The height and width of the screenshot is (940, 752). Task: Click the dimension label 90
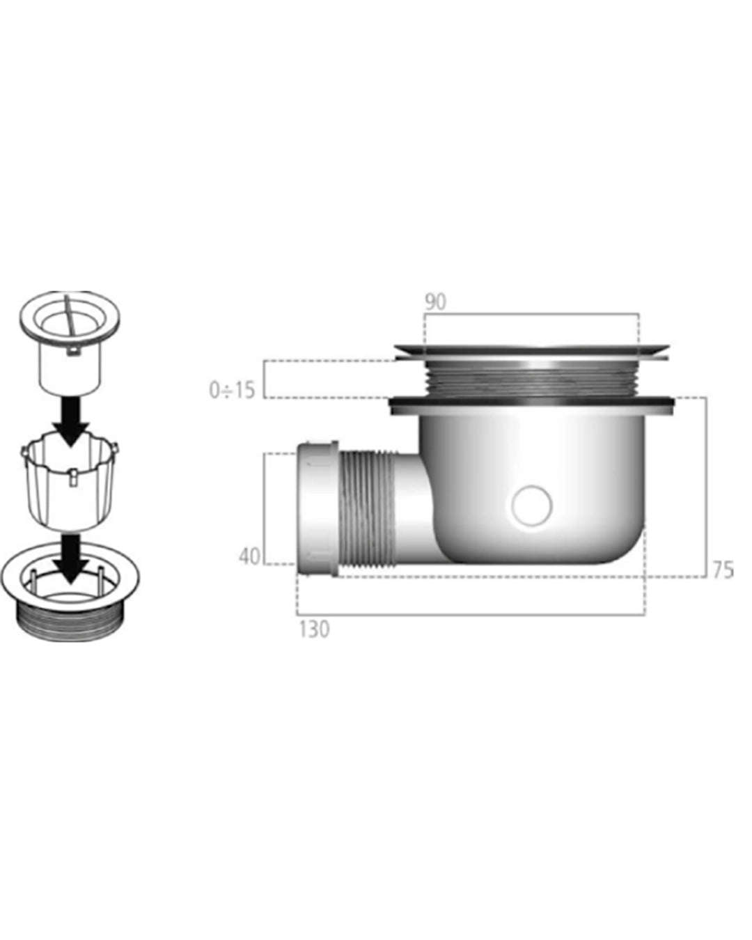(435, 301)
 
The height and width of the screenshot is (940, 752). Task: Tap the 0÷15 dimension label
(232, 390)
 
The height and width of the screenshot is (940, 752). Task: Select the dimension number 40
(249, 556)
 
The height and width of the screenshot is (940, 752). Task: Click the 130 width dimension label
(314, 629)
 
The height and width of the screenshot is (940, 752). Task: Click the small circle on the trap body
(531, 506)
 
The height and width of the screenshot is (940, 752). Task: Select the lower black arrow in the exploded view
(70, 560)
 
